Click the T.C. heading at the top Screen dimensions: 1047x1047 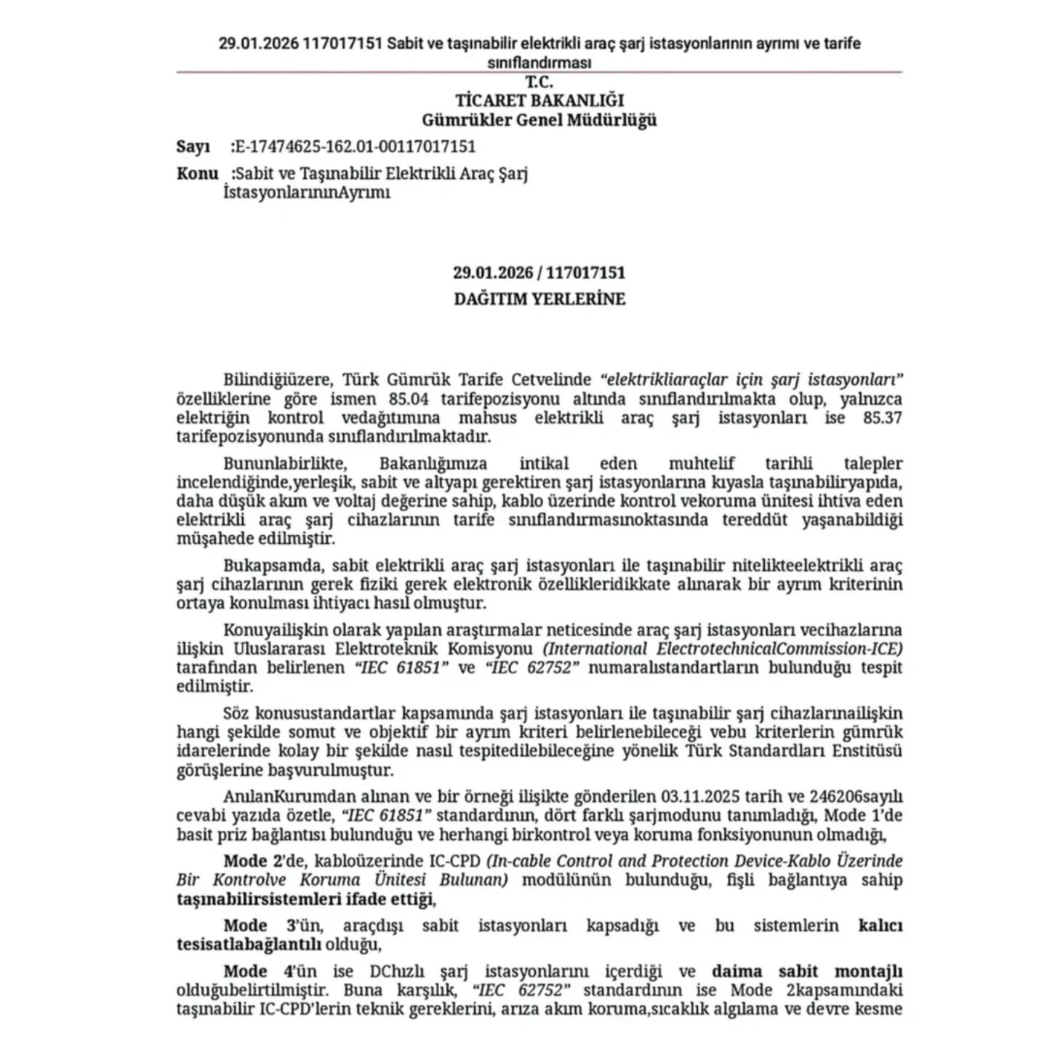pyautogui.click(x=539, y=82)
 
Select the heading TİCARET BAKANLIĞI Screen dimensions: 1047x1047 pyautogui.click(x=539, y=100)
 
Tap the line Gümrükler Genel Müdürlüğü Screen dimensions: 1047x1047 pyautogui.click(x=539, y=120)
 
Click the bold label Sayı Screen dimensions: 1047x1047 pyautogui.click(x=193, y=147)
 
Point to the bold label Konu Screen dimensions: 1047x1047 pyautogui.click(x=197, y=174)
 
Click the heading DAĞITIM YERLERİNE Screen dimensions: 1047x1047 pyautogui.click(x=539, y=299)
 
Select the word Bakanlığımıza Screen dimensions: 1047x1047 pyautogui.click(x=433, y=464)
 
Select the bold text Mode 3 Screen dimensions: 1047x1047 pyautogui.click(x=257, y=926)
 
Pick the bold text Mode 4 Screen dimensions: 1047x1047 pyautogui.click(x=257, y=972)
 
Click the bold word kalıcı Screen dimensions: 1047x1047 pyautogui.click(x=880, y=926)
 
